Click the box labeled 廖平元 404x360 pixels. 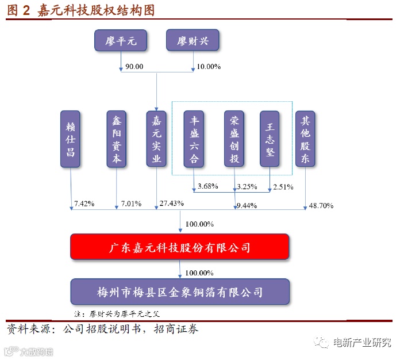pyautogui.click(x=121, y=41)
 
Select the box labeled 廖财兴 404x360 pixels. pyautogui.click(x=193, y=41)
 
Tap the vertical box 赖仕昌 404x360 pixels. pyautogui.click(x=71, y=139)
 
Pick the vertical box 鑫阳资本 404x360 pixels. pyautogui.click(x=116, y=139)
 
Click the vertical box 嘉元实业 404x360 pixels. pyautogui.click(x=156, y=139)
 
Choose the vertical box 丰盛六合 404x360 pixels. pyautogui.click(x=194, y=139)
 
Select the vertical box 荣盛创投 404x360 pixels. pyautogui.click(x=234, y=139)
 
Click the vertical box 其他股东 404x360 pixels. pyautogui.click(x=305, y=139)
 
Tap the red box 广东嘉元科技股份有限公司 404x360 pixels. pyautogui.click(x=180, y=248)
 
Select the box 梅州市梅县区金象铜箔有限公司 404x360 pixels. pyautogui.click(x=180, y=292)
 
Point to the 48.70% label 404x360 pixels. pyautogui.click(x=321, y=205)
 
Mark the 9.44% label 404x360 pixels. pyautogui.click(x=246, y=205)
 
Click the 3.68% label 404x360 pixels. pyautogui.click(x=207, y=187)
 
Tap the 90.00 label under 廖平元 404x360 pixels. pyautogui.click(x=134, y=67)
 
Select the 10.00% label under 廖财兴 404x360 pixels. pyautogui.click(x=209, y=67)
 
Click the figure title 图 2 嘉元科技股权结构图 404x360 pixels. pyautogui.click(x=80, y=10)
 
